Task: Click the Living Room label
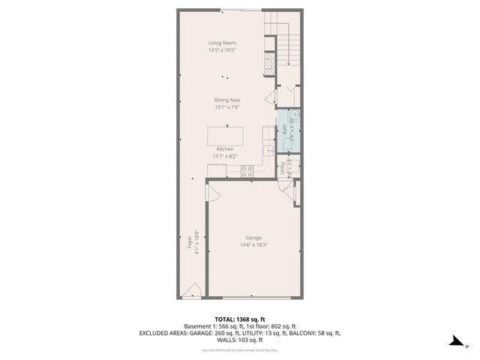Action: [x=222, y=43]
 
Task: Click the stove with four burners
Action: [x=247, y=171]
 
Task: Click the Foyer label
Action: [x=189, y=244]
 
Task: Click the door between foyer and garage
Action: [x=211, y=194]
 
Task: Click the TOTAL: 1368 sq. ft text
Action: [x=239, y=319]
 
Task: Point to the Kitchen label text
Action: [x=226, y=149]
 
